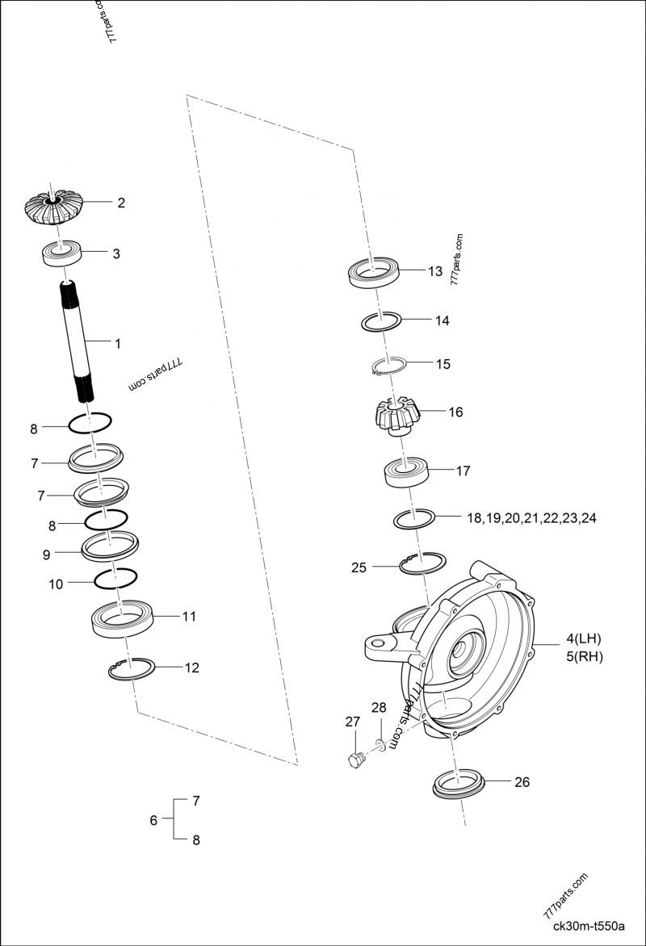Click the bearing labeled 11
[x=121, y=619]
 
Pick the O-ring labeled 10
[x=115, y=578]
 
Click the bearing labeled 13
[x=375, y=272]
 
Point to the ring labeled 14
[x=381, y=320]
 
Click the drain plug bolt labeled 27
[x=355, y=759]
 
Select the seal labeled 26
[x=459, y=785]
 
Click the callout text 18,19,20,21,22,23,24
[x=531, y=518]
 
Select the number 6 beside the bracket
[x=153, y=820]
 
